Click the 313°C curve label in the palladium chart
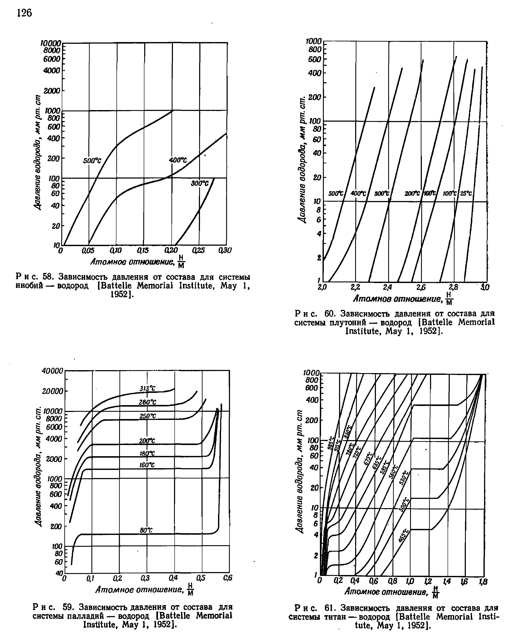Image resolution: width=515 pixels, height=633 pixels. pyautogui.click(x=147, y=389)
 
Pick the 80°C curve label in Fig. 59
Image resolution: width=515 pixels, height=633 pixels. pyautogui.click(x=146, y=530)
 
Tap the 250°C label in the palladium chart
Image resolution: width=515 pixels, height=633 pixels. pyautogui.click(x=147, y=416)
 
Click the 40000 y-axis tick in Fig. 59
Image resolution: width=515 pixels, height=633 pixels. pyautogui.click(x=53, y=371)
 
